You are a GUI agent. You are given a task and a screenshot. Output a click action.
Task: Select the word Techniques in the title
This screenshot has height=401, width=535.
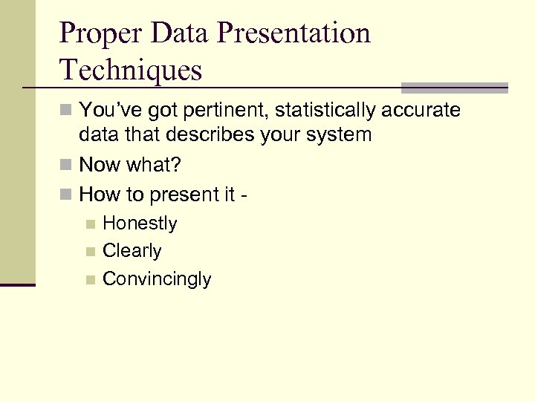131,71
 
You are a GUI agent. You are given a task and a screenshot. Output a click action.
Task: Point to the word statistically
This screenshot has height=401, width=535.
328,111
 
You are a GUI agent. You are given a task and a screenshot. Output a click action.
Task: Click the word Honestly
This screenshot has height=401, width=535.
140,224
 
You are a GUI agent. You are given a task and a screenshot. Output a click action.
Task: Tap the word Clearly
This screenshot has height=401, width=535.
132,251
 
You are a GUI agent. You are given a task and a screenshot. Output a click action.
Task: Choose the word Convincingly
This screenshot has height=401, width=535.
157,279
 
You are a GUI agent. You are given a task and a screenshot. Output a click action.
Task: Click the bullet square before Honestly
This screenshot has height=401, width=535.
90,224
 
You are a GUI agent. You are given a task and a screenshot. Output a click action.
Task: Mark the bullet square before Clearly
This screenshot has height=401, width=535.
90,252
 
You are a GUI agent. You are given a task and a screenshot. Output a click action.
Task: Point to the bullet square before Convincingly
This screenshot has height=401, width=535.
90,280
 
